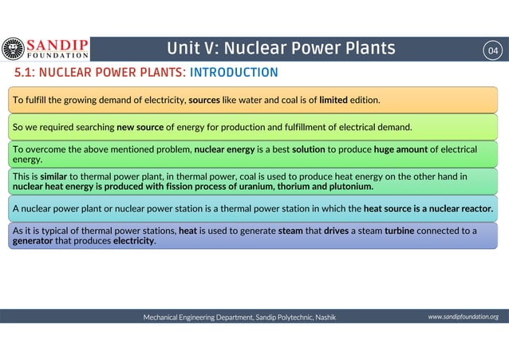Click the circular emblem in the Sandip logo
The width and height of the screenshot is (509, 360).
point(14,49)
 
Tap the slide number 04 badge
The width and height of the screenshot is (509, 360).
point(494,50)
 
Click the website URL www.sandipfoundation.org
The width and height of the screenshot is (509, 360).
point(463,317)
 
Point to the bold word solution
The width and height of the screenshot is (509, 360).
point(308,149)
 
